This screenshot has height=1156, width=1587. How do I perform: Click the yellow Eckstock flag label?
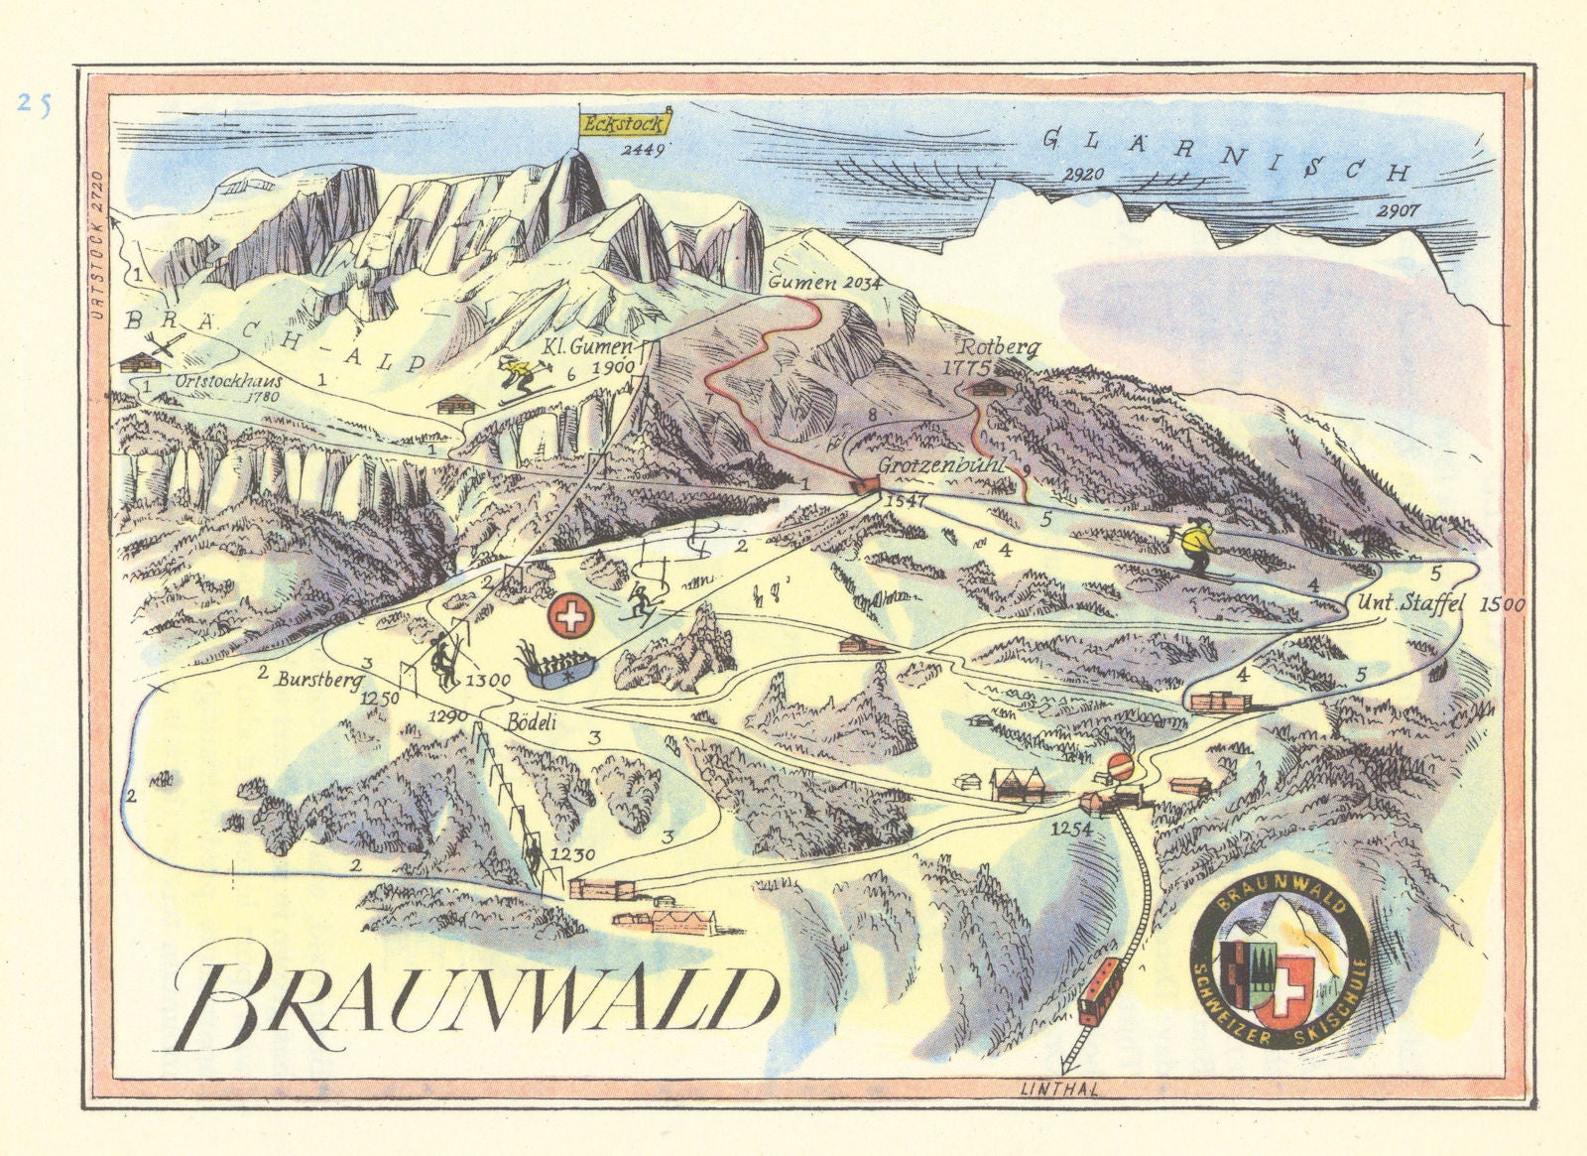tap(624, 124)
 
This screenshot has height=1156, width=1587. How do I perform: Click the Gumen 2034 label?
tap(825, 283)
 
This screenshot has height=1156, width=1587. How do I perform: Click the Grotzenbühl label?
tap(942, 465)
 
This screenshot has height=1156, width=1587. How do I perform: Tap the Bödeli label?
tap(531, 722)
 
